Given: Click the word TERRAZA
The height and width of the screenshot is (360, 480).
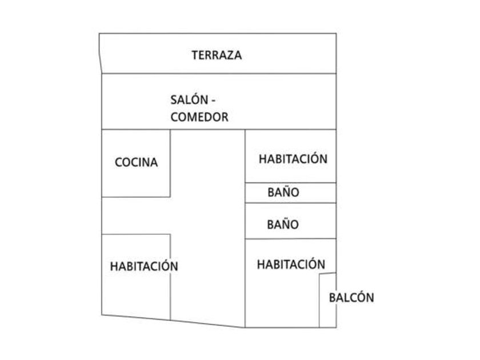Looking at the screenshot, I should coord(217,55).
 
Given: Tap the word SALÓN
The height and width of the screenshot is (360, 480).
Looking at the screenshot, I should coord(188,99).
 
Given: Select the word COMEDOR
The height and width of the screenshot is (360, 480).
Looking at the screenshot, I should coord(199,117).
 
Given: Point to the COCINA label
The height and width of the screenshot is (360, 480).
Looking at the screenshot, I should coord(136,162).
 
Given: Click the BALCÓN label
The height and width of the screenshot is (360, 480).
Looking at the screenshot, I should coord(351,298).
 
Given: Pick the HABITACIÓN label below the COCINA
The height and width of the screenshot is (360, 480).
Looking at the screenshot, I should coord(144,266).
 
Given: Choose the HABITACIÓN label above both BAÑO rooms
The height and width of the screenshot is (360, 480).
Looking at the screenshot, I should coord(293,159).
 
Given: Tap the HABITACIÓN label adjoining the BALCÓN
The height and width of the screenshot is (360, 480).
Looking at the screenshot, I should coord(291,265).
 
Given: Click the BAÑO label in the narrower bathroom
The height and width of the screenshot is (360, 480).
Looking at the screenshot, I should coord(283,193).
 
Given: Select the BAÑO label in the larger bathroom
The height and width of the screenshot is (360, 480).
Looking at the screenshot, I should coord(282,225).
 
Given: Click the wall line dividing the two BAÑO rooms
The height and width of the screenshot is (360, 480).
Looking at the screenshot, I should coord(290,203).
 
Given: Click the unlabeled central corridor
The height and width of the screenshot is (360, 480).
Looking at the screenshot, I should coord(207,229).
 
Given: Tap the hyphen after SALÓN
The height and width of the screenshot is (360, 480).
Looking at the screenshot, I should coord(213,101).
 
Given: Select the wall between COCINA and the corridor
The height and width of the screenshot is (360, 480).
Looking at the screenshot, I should coord(170,163).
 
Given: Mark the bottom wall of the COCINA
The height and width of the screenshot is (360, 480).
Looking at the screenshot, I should coord(136,197).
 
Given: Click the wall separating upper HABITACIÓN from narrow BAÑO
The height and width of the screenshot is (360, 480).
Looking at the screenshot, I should coord(290,183).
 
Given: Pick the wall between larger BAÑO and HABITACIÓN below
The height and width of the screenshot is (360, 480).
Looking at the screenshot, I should coord(290,239).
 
